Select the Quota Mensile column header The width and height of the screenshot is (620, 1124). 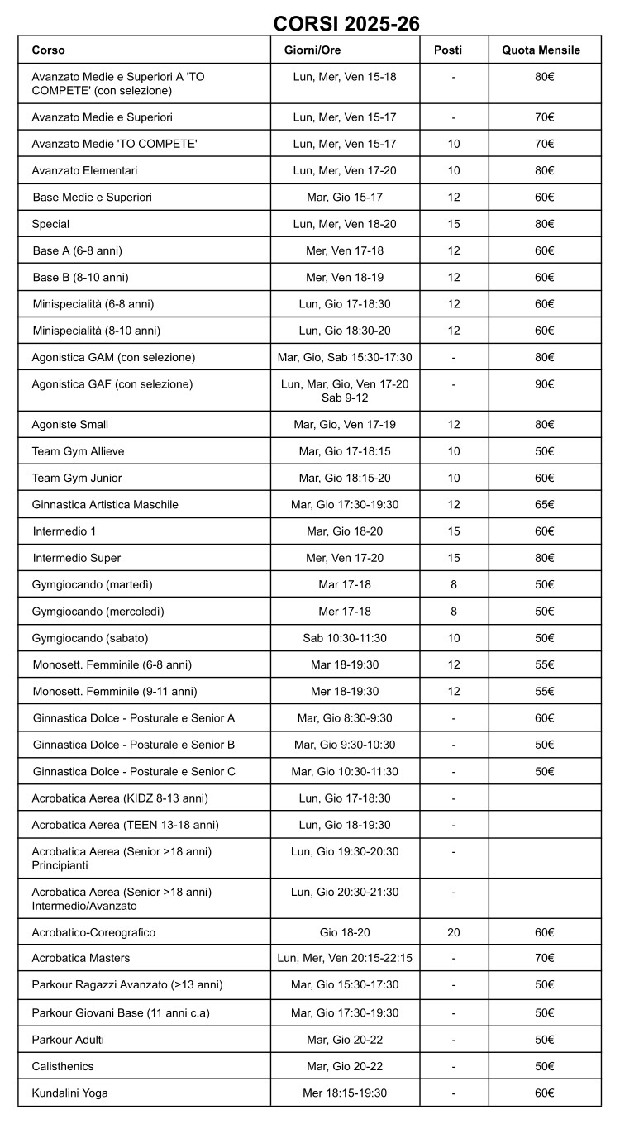tap(541, 50)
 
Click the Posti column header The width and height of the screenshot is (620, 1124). tap(448, 50)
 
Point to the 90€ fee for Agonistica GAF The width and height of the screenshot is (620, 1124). tap(544, 384)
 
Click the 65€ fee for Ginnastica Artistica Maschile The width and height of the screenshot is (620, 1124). tap(544, 504)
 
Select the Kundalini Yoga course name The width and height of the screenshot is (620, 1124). tap(69, 1093)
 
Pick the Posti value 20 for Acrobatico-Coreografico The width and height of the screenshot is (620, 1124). tap(454, 932)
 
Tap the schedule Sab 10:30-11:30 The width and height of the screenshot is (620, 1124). tap(345, 638)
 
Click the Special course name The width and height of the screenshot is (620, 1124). tap(50, 224)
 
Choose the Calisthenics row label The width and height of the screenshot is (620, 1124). tap(63, 1066)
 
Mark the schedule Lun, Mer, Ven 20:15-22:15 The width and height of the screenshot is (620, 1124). tap(345, 958)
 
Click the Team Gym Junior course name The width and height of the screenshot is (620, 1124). tap(77, 478)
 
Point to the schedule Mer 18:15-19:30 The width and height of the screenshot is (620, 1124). tap(345, 1093)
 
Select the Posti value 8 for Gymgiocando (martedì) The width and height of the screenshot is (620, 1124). tap(454, 584)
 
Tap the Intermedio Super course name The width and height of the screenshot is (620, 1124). tap(77, 558)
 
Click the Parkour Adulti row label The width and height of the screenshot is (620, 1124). tap(68, 1039)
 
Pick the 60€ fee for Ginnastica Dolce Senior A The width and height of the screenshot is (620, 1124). tap(544, 717)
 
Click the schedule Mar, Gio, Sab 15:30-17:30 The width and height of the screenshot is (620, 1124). tap(345, 358)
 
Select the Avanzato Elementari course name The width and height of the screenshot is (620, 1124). tap(84, 170)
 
